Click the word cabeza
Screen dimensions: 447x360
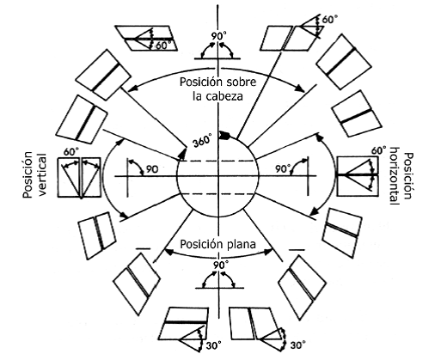point(224,96)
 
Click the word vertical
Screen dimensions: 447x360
point(42,174)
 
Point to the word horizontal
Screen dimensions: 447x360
point(395,176)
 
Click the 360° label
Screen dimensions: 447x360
point(203,141)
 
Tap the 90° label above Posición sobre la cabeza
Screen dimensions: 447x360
point(219,36)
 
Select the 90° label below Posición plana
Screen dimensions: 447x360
point(221,265)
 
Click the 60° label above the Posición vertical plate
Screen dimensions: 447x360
point(70,152)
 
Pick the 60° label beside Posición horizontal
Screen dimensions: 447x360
point(378,150)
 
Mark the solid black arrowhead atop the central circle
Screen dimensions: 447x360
point(224,135)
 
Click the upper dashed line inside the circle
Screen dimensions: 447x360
point(217,161)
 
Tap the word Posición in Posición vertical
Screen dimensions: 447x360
point(28,175)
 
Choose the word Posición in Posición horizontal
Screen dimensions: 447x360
point(409,176)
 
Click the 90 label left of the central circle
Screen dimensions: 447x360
point(152,169)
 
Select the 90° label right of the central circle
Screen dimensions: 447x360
point(283,169)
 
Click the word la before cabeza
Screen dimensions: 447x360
point(197,96)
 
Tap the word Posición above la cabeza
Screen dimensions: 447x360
point(201,82)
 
